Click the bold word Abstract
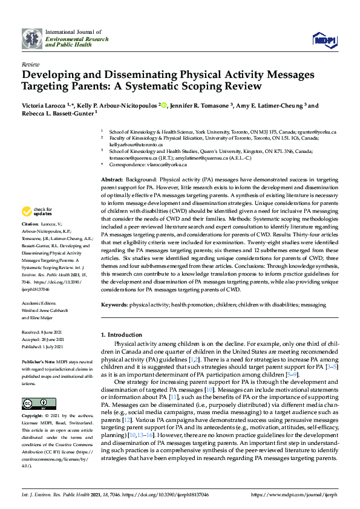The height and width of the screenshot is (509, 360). pyautogui.click(x=111, y=180)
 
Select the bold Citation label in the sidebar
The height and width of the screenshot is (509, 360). pyautogui.click(x=31, y=224)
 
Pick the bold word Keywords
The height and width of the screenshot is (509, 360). pyautogui.click(x=114, y=306)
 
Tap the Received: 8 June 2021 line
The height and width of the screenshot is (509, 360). pyautogui.click(x=43, y=332)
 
